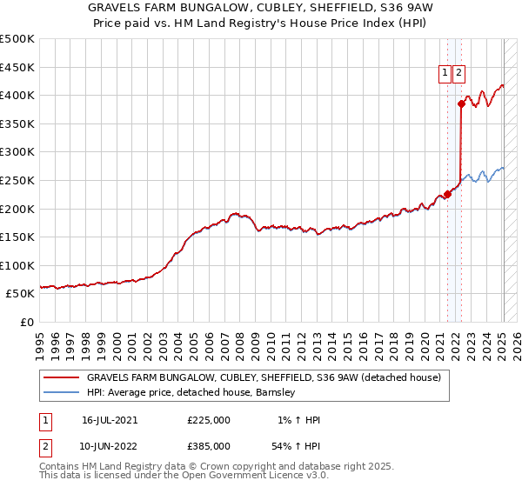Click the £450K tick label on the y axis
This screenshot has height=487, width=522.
coord(17,67)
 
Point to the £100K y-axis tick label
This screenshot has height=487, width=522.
coord(17,265)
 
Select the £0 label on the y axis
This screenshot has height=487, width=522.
coord(27,323)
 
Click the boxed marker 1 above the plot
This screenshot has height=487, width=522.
coord(445,74)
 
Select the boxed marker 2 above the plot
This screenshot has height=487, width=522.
coord(458,74)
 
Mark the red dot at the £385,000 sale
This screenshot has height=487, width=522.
coord(461,104)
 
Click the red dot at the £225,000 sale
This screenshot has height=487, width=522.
coord(447,195)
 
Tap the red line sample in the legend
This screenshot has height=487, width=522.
coord(62,377)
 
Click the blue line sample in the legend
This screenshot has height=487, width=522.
coord(62,392)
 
